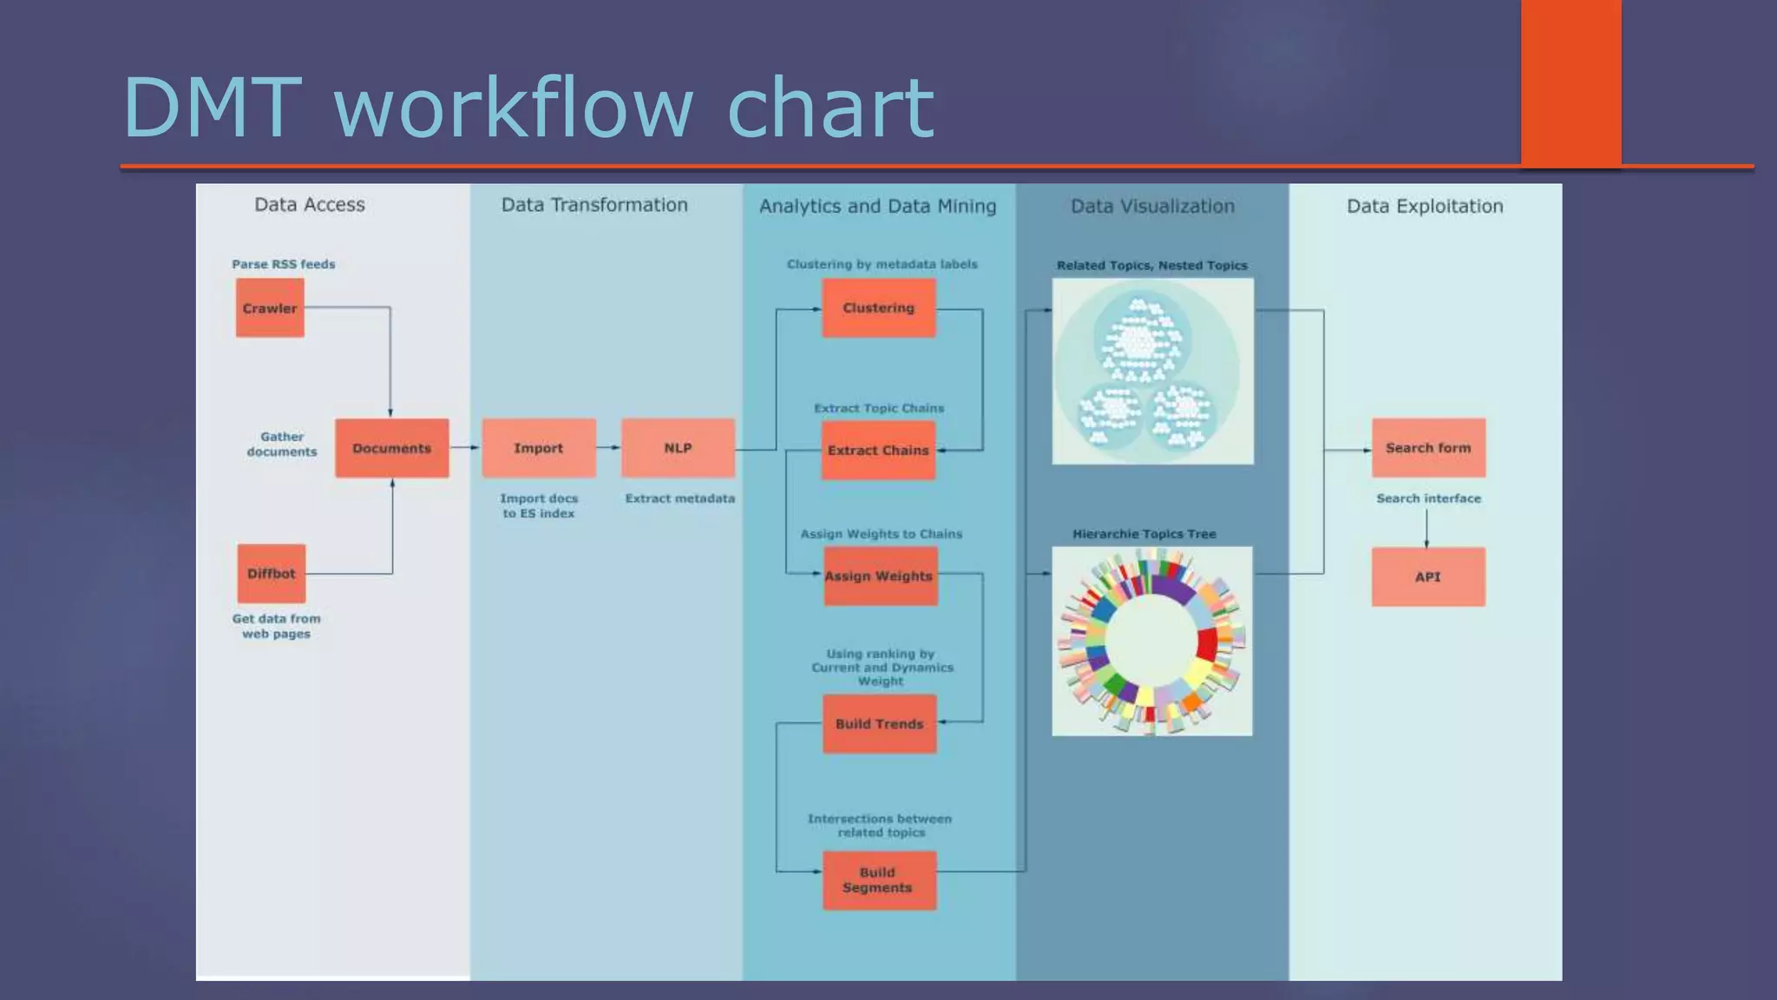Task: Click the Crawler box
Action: (270, 308)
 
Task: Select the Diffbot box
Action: (272, 574)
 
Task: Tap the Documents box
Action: (392, 448)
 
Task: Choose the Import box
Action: (539, 448)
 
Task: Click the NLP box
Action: (678, 448)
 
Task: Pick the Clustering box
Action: (879, 308)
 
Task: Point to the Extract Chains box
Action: (878, 451)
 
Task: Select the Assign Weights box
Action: (880, 576)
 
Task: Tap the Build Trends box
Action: (880, 724)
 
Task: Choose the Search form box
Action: (1428, 448)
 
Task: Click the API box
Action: (1428, 576)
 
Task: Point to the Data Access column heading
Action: (310, 205)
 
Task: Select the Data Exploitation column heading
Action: (1425, 207)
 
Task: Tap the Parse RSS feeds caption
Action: (284, 264)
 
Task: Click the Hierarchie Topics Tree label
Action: (1144, 534)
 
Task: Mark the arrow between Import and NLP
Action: (609, 448)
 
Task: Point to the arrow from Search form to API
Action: (1426, 528)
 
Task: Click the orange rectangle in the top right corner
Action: (1570, 82)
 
